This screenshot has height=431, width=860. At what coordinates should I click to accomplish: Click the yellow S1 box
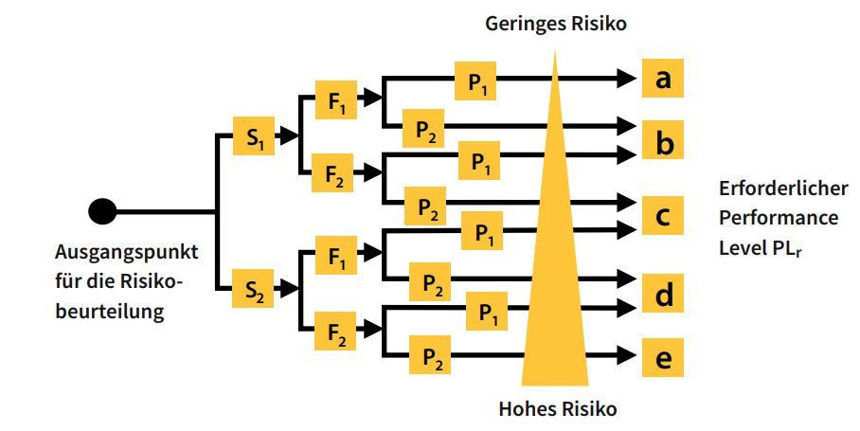click(254, 138)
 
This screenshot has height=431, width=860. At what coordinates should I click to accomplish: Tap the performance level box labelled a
click(663, 79)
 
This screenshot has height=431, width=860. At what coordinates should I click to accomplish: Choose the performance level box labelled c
click(663, 217)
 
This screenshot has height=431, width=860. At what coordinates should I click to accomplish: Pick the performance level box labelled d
click(663, 295)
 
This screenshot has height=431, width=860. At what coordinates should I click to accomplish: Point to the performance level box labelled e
click(663, 358)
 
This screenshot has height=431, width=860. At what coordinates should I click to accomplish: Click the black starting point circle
click(102, 210)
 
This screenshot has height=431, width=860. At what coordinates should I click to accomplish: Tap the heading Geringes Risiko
click(556, 24)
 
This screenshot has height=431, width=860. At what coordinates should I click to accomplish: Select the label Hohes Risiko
click(558, 409)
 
